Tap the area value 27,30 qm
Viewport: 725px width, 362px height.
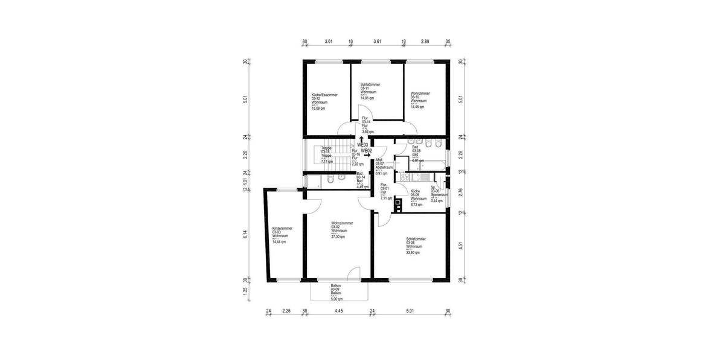tap(338, 237)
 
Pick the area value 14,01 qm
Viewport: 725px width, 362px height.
tap(367, 97)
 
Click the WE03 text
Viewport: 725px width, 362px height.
tap(362, 145)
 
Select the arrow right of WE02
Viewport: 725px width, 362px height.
tap(366, 156)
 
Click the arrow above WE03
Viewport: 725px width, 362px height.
tap(361, 139)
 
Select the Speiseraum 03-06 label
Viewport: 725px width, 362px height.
tap(439, 194)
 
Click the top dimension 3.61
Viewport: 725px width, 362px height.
tap(377, 42)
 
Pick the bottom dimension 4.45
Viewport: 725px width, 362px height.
tap(338, 311)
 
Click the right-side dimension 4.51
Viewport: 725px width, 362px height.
tap(461, 247)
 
